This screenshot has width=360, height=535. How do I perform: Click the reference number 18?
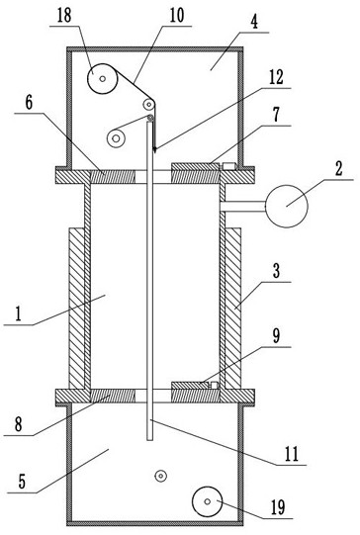pyautogui.click(x=64, y=16)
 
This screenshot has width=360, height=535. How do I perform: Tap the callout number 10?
pyautogui.click(x=177, y=15)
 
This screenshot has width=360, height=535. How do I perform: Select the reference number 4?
pyautogui.click(x=254, y=22)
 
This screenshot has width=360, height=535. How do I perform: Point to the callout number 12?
pyautogui.click(x=276, y=77)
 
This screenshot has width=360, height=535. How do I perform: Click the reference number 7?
pyautogui.click(x=276, y=115)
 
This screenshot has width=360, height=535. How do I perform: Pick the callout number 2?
pyautogui.click(x=338, y=168)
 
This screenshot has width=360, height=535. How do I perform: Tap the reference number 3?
pyautogui.click(x=276, y=271)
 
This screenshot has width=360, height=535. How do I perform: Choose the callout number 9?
pyautogui.click(x=276, y=336)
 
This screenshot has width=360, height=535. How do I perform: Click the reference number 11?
pyautogui.click(x=292, y=454)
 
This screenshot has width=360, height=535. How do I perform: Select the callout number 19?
pyautogui.click(x=278, y=507)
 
